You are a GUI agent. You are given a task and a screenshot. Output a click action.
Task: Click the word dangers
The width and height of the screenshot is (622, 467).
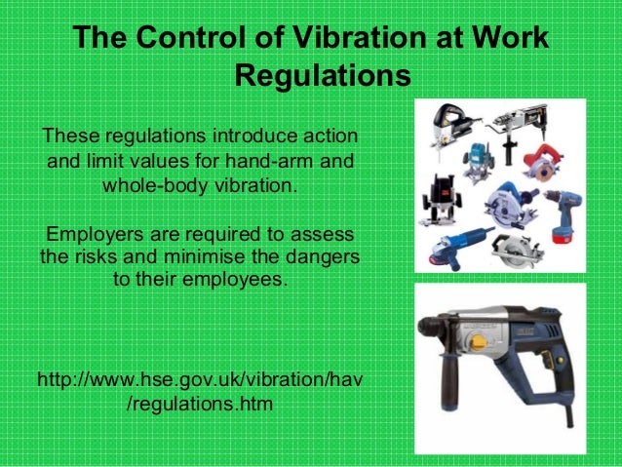point(321,260)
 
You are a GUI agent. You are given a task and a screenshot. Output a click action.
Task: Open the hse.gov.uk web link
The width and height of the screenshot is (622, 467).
point(199,389)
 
